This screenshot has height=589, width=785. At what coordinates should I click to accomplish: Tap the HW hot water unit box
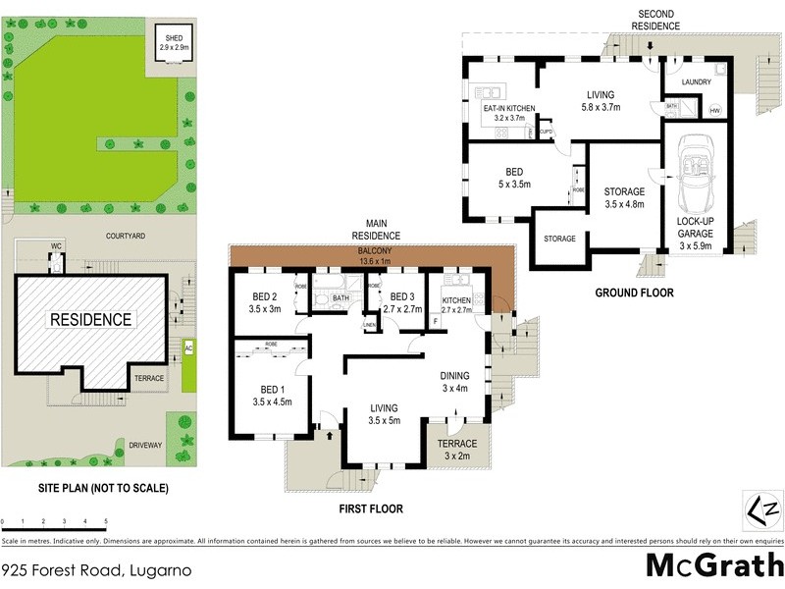point(713,111)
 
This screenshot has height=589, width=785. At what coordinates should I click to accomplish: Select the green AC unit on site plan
point(186,348)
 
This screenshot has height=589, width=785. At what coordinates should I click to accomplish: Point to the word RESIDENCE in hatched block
point(91,319)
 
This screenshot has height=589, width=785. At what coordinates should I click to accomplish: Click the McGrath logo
point(713,566)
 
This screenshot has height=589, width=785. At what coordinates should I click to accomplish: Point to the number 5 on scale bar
point(106,521)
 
